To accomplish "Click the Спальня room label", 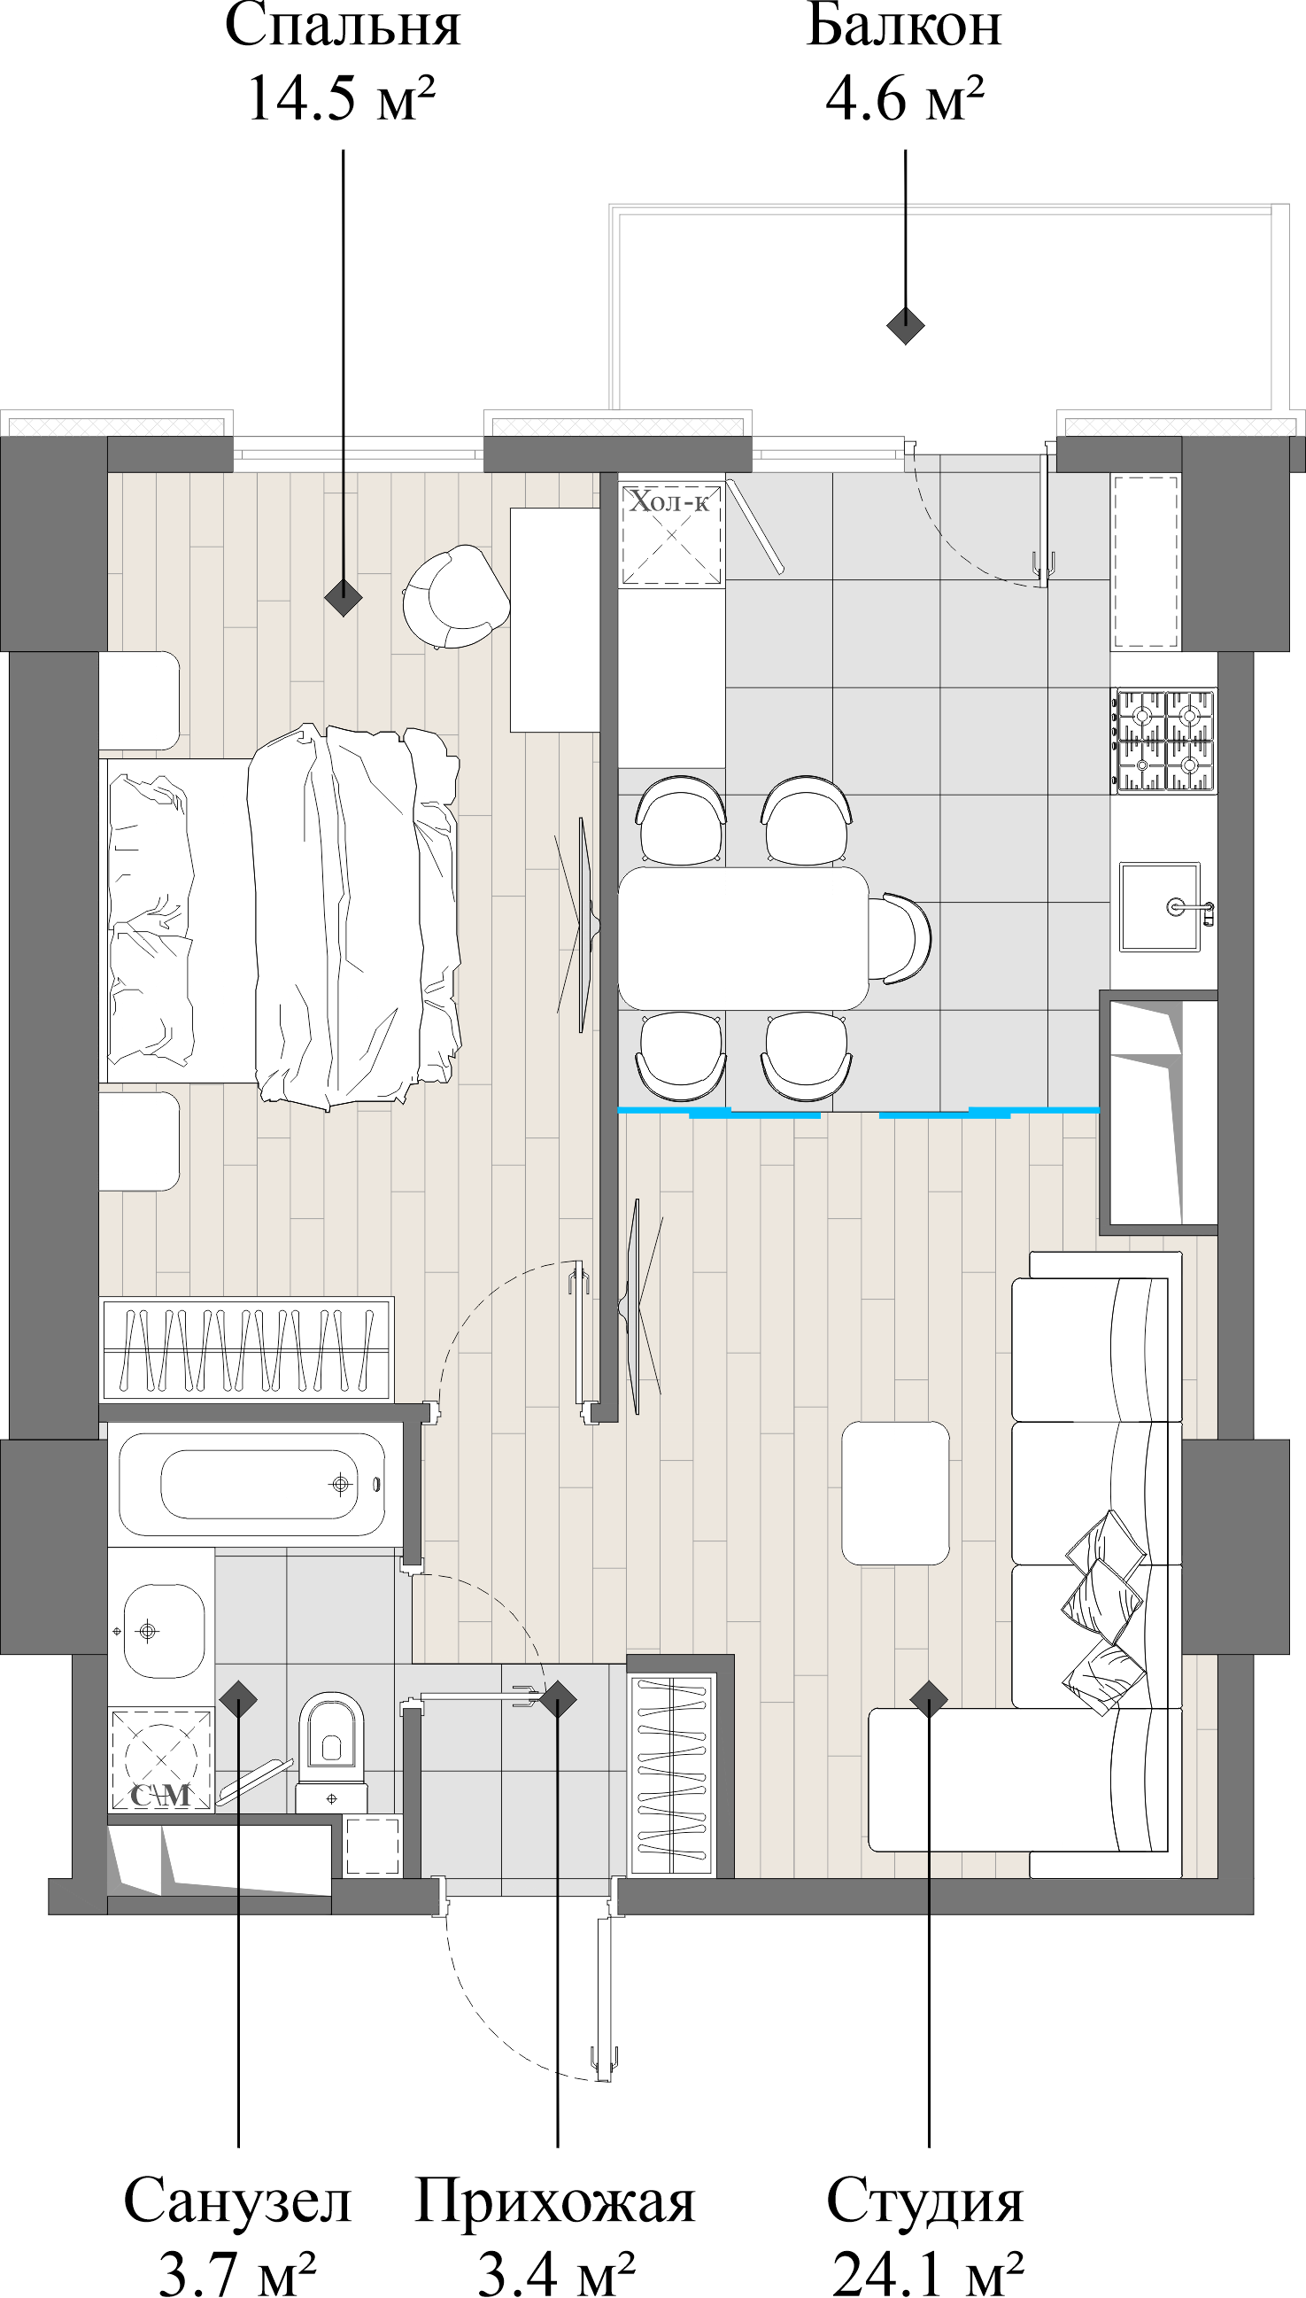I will [343, 27].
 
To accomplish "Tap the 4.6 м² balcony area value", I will [904, 98].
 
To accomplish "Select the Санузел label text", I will [237, 2201].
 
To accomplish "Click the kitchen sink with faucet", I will [1161, 907].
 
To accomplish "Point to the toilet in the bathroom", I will [331, 1745].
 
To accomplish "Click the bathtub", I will [253, 1485].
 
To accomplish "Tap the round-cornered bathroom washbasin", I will [161, 1630].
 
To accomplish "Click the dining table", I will [743, 938].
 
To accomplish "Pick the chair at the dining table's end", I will [900, 938].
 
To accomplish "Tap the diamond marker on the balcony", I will [905, 325].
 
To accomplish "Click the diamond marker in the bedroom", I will [343, 597].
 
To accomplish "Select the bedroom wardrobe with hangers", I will [247, 1348].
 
